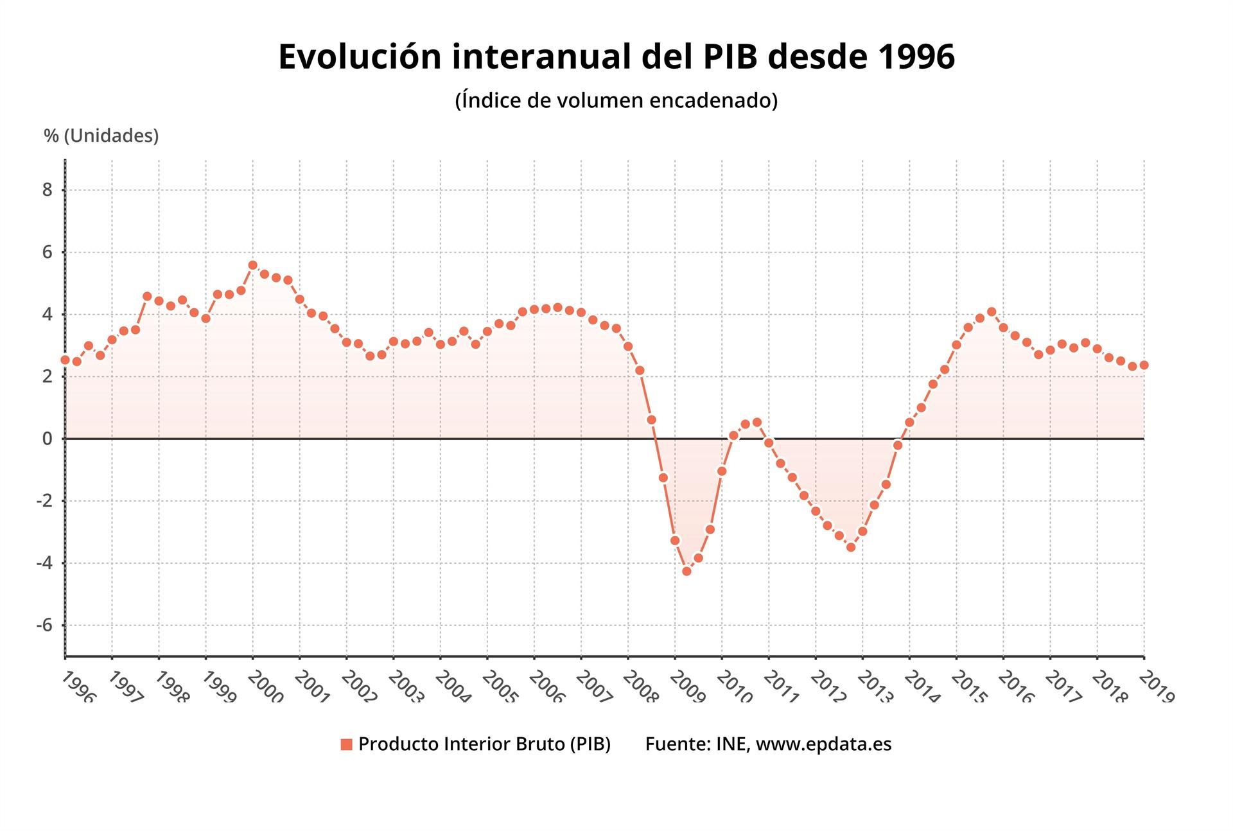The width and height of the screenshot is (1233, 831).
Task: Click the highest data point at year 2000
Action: click(252, 265)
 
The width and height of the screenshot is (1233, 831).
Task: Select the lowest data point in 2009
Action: click(686, 571)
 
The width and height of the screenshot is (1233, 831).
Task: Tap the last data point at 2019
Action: click(1144, 365)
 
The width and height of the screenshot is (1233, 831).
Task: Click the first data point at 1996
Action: click(65, 360)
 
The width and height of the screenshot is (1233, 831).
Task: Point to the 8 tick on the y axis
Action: click(48, 190)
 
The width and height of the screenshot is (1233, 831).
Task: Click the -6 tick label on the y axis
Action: click(44, 625)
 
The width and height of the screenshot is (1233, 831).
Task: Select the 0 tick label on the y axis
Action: click(48, 439)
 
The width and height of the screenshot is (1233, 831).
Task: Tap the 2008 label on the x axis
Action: click(640, 687)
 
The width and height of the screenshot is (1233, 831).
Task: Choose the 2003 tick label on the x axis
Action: click(405, 687)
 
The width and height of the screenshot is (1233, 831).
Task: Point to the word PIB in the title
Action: click(731, 57)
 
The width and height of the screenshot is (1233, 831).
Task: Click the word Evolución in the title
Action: click(360, 57)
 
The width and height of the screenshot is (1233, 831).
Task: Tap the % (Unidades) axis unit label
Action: click(101, 136)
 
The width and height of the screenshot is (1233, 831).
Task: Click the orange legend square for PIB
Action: click(346, 744)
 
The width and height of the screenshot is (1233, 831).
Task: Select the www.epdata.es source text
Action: click(823, 744)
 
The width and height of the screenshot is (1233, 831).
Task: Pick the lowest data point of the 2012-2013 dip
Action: click(851, 547)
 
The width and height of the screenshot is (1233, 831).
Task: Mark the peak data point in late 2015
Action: click(992, 312)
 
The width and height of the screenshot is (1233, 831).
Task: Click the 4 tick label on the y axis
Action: click(48, 315)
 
